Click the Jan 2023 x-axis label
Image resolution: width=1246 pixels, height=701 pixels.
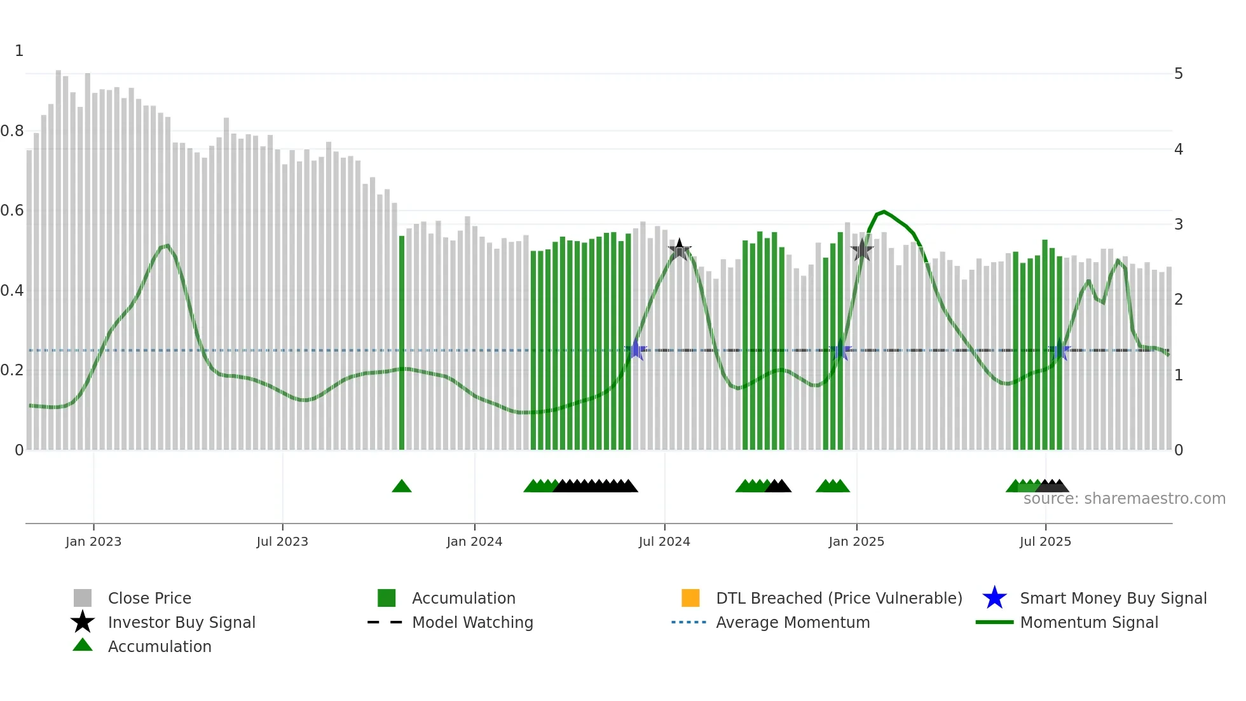coord(93,541)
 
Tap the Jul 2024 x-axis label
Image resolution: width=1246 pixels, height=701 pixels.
coord(664,541)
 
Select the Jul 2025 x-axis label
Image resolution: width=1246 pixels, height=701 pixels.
coord(1045,541)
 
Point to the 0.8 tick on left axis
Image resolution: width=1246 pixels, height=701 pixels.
coord(13,131)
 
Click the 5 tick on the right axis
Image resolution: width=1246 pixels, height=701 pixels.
coord(1179,74)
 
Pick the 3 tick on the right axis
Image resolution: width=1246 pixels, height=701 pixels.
coord(1179,225)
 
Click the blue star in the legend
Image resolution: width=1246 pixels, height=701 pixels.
coord(994,598)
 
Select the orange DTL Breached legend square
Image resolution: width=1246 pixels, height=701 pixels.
coord(690,598)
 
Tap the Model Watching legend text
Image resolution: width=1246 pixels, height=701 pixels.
coord(472,622)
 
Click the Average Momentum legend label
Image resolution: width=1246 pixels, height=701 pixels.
coord(793,622)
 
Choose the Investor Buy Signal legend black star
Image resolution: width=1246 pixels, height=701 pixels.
coord(83,622)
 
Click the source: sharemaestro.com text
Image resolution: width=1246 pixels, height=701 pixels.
coord(1124,499)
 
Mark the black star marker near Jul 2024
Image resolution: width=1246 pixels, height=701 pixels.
coord(680,250)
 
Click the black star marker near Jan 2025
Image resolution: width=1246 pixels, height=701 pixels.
coord(862,250)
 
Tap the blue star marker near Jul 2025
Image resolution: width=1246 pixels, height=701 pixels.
coord(1060,350)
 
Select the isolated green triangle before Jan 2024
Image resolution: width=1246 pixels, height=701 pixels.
coord(402,487)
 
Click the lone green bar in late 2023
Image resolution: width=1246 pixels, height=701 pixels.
coord(402,344)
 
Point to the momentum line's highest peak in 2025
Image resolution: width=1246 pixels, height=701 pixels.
coord(884,212)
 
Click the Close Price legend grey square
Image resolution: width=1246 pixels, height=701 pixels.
coord(83,598)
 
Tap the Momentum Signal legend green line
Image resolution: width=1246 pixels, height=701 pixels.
coord(994,622)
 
